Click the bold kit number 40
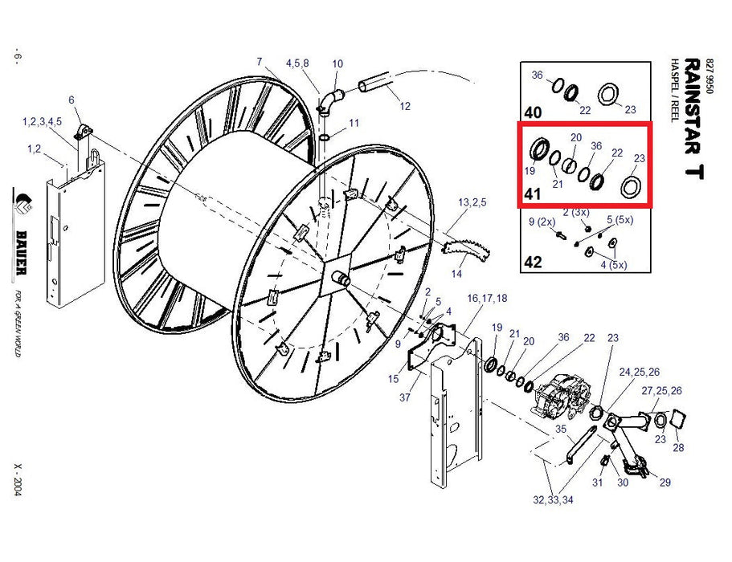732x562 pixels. pos(533,112)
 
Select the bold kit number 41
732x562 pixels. pos(532,193)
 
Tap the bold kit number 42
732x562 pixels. pos(533,262)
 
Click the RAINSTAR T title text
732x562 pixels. pos(694,119)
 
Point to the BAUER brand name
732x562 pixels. pos(21,253)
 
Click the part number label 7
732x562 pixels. pos(260,62)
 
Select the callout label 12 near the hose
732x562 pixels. pos(405,106)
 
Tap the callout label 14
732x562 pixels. pos(456,274)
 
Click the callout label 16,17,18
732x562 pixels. pos(487,298)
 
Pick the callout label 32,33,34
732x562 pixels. pos(553,500)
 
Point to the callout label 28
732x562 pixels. pos(678,448)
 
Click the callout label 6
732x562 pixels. pos(72,100)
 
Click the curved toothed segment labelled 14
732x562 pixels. pos(466,249)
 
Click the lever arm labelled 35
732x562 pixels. pos(579,446)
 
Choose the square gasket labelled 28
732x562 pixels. pos(677,417)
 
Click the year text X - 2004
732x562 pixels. pos(18,480)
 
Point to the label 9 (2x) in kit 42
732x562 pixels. pos(542,222)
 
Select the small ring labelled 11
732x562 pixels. pos(325,137)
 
